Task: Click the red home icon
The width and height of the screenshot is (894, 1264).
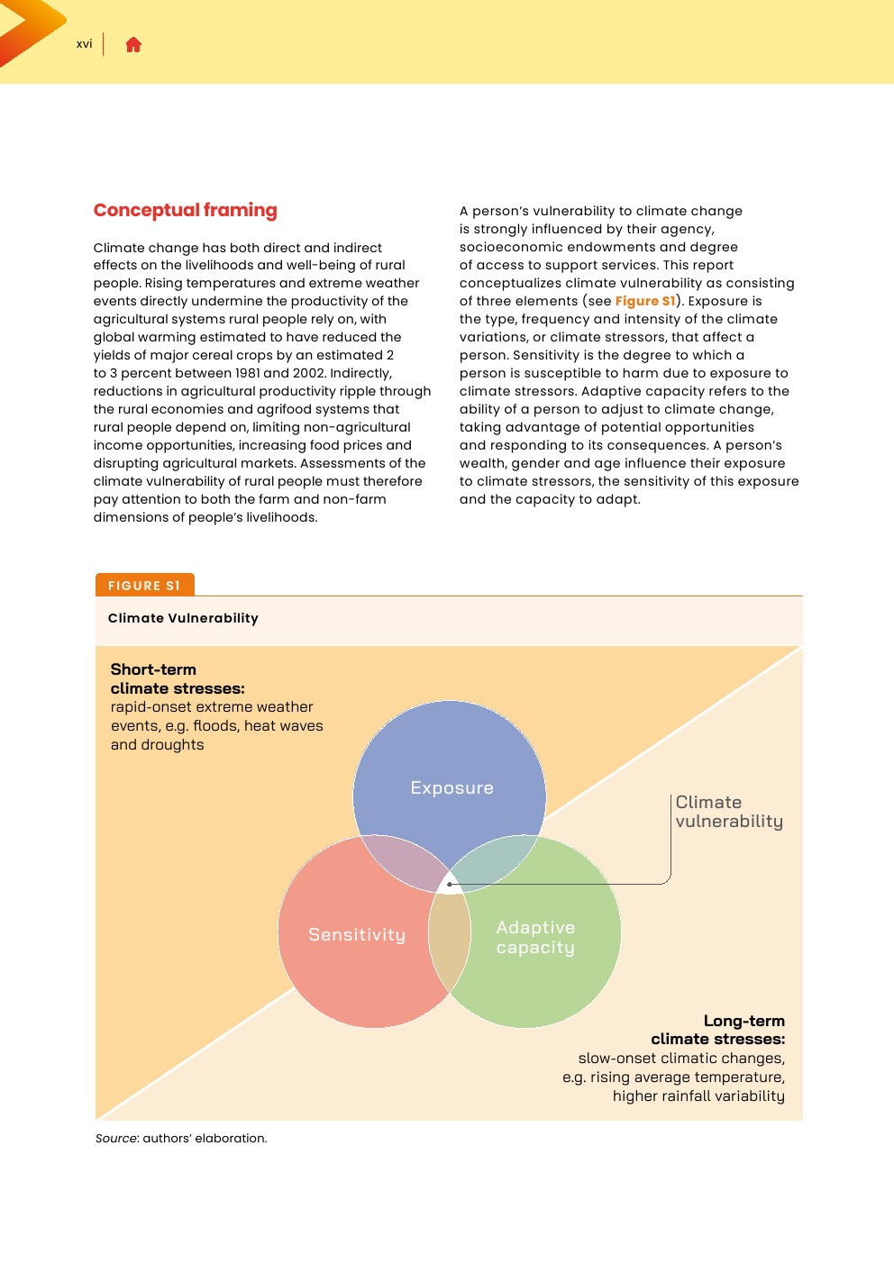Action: click(x=133, y=45)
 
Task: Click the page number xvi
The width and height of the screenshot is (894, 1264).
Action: click(x=84, y=44)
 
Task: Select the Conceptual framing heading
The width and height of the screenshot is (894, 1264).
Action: click(x=185, y=210)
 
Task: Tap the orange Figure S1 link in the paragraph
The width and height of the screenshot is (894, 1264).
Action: click(x=644, y=301)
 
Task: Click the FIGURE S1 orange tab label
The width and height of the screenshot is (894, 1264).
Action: click(x=144, y=586)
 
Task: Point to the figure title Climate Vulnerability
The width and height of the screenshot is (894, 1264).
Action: click(x=183, y=618)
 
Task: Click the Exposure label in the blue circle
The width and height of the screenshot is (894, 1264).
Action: click(x=452, y=788)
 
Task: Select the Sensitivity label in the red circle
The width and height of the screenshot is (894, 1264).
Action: click(x=357, y=935)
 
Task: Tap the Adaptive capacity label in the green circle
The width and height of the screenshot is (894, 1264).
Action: click(x=535, y=938)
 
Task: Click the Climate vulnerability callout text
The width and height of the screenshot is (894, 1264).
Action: click(x=728, y=812)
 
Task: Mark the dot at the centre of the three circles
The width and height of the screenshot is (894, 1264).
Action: click(x=450, y=884)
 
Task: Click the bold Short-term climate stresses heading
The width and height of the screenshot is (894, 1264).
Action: click(x=177, y=678)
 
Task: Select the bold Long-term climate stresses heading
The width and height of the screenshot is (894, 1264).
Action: click(x=717, y=1030)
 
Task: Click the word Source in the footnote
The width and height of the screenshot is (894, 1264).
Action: click(x=116, y=1138)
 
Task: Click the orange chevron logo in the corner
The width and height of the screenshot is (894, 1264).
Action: click(x=27, y=27)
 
